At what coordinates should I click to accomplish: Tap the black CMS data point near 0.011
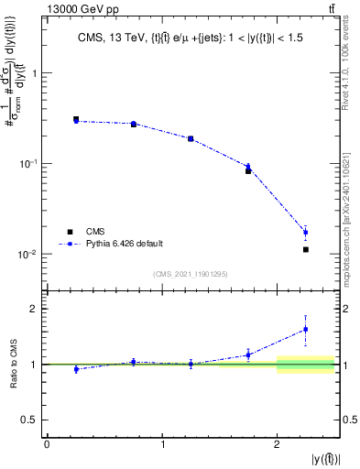(306, 249)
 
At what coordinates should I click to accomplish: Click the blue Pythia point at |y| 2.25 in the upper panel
(306, 232)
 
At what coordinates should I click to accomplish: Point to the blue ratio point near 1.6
(306, 329)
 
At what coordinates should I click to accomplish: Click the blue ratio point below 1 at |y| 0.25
(76, 369)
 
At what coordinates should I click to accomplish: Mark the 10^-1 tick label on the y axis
(27, 164)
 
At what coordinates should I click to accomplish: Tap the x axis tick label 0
(47, 443)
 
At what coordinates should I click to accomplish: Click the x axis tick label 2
(277, 443)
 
